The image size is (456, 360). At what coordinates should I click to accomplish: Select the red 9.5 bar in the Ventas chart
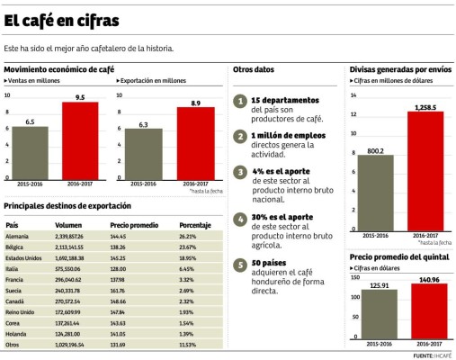point(79,139)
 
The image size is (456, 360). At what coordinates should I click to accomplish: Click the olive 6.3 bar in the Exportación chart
point(144,153)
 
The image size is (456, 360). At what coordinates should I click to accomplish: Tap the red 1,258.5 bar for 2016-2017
point(425,171)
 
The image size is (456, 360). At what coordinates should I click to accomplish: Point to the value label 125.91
point(375,285)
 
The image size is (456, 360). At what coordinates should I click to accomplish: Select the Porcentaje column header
point(195,224)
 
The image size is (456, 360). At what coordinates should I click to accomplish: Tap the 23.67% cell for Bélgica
point(188,245)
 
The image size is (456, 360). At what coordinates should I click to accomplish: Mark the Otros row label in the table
point(14,345)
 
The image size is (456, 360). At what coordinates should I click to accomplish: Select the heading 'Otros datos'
point(254,69)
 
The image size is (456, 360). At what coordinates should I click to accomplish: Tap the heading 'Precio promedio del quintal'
point(398,256)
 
